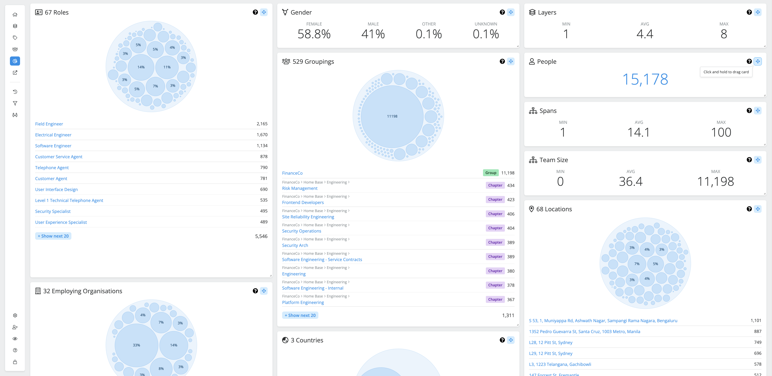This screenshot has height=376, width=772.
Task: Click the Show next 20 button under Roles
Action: [x=53, y=236]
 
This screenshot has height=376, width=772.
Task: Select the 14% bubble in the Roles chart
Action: [x=141, y=67]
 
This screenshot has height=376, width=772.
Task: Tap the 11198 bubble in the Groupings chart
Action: [x=392, y=116]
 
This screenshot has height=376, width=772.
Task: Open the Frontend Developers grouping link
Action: [x=303, y=203]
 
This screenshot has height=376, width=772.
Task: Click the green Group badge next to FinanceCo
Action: [x=490, y=173]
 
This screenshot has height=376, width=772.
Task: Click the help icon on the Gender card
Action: [x=502, y=12]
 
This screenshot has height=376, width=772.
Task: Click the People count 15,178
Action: [x=645, y=79]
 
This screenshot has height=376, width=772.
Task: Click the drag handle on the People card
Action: [x=758, y=61]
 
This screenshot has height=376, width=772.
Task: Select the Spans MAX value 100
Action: [x=721, y=132]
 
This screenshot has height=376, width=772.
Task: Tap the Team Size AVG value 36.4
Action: [x=631, y=181]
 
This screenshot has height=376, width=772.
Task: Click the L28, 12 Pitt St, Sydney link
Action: [x=550, y=342]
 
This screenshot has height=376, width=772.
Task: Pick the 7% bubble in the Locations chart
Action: [x=637, y=264]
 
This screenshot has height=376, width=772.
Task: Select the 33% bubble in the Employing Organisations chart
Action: [x=136, y=345]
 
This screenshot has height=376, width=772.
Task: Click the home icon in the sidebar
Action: [x=15, y=15]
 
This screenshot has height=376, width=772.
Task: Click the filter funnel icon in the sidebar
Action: [x=15, y=103]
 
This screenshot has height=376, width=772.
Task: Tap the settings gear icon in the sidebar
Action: [x=15, y=315]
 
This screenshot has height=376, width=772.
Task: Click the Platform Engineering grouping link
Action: [x=303, y=302]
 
